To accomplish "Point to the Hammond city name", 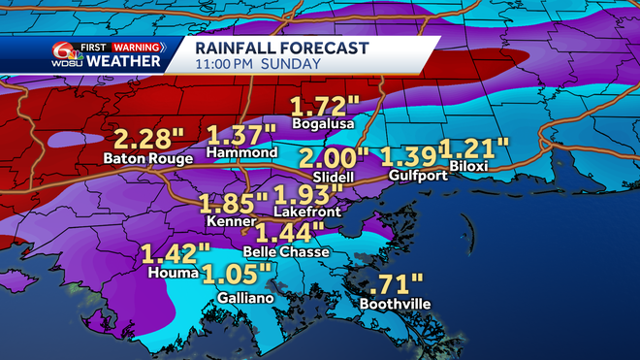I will pyautogui.click(x=242, y=153).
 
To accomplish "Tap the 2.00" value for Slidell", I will pyautogui.click(x=334, y=158).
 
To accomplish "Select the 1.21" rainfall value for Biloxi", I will pyautogui.click(x=475, y=148).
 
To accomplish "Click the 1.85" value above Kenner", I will pyautogui.click(x=234, y=204).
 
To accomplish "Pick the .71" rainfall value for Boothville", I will pyautogui.click(x=398, y=284).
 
